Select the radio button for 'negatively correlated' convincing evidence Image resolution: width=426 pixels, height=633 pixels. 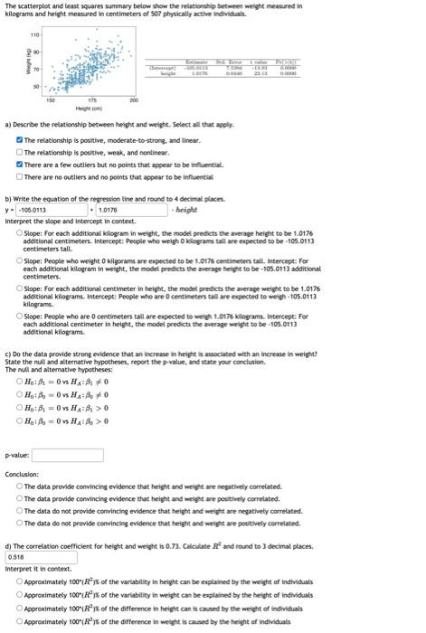[20, 487]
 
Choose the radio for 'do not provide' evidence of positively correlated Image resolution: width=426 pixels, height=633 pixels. [20, 523]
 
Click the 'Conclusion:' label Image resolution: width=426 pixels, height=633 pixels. [22, 475]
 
